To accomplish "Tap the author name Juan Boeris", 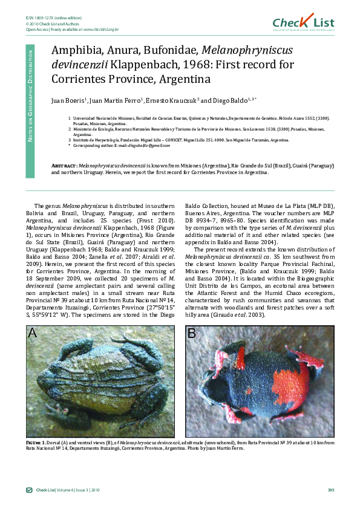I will point(67,100).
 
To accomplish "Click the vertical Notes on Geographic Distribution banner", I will point(30,110).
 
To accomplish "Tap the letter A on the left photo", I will point(33,332).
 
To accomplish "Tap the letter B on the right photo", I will point(192,332).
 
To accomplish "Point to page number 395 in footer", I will point(330,490).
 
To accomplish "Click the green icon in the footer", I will point(28,490).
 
